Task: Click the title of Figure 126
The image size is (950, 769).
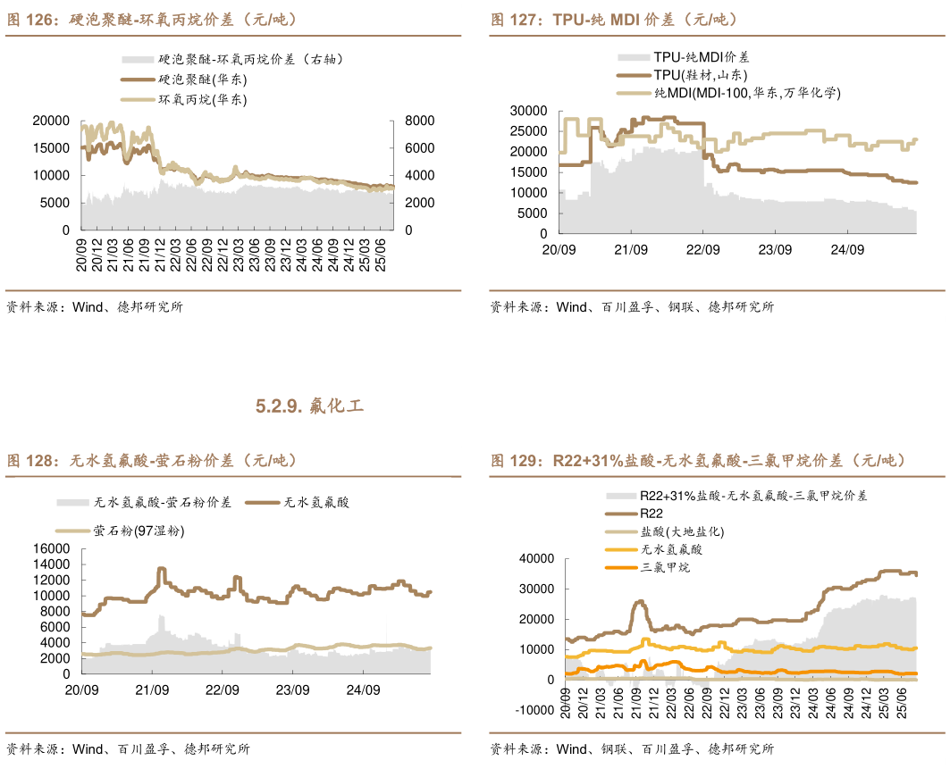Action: (x=152, y=19)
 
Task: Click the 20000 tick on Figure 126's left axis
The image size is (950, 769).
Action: (x=51, y=121)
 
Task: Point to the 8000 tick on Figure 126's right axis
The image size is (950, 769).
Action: (x=419, y=121)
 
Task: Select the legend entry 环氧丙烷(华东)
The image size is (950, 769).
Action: (x=203, y=100)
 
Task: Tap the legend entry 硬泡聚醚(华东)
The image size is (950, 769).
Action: (x=203, y=79)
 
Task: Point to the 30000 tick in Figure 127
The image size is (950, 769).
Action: (x=527, y=110)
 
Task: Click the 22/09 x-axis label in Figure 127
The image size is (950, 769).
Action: (x=703, y=249)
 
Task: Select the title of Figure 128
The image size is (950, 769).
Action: (x=152, y=461)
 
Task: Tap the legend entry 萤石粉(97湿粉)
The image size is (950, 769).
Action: (x=138, y=531)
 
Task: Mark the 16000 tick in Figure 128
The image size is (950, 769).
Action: (x=51, y=548)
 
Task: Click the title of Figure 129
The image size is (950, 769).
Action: (x=697, y=461)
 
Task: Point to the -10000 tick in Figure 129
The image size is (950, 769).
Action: (x=532, y=710)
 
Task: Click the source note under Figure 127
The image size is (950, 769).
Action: (x=631, y=307)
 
